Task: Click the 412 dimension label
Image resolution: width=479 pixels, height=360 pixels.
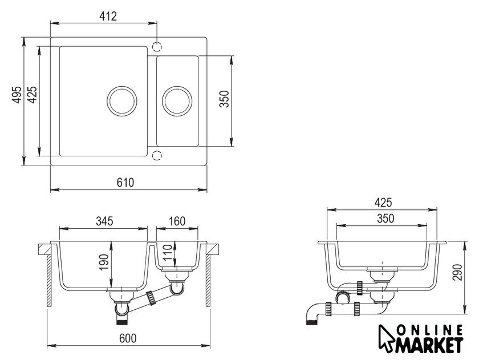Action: point(108,16)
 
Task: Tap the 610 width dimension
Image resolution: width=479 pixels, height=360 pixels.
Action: point(125,183)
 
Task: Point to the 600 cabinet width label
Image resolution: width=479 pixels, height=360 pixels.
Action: point(128,338)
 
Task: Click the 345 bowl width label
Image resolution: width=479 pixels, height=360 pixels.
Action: point(104,221)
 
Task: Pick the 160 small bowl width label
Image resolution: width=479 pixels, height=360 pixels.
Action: point(177,221)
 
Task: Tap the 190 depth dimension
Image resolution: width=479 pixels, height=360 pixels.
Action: point(104,262)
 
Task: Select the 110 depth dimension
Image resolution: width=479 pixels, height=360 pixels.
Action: point(168,252)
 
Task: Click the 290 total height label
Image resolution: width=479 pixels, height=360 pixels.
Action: point(457,272)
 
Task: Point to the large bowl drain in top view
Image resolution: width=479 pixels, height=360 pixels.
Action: point(122,101)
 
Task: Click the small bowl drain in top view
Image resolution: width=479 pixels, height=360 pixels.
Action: point(177,101)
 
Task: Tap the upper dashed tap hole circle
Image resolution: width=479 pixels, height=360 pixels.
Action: point(157,46)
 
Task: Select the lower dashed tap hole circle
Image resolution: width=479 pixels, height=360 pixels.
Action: point(157,156)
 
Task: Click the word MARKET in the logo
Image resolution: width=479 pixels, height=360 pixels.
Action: point(430,345)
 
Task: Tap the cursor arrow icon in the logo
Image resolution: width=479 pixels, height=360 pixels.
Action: point(385,338)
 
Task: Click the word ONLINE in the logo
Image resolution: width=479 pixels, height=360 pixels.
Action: point(430,330)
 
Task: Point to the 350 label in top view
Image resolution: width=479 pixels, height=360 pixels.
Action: point(225,99)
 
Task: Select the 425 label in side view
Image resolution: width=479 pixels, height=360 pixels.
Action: point(383,203)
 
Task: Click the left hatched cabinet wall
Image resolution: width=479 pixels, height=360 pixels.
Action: point(48,281)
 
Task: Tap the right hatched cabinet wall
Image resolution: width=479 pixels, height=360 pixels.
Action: point(208,281)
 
